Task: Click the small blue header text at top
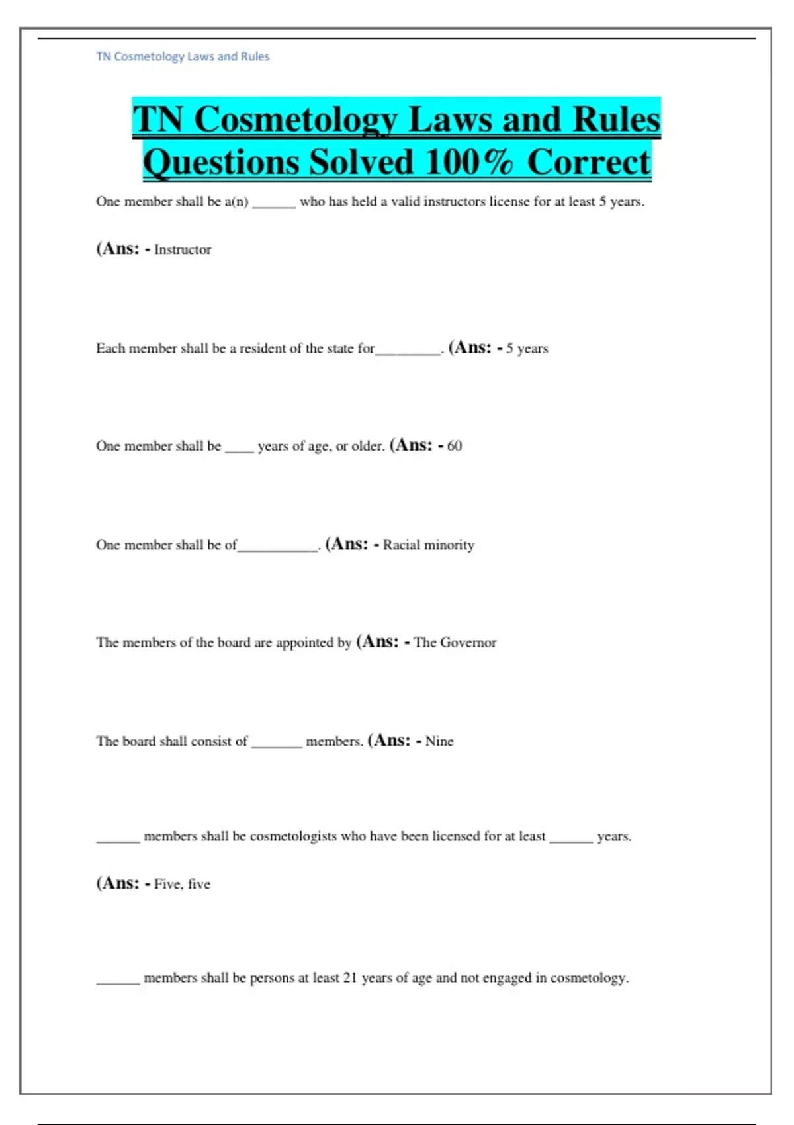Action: tap(183, 57)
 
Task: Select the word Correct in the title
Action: tap(589, 162)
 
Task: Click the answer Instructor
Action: tap(183, 250)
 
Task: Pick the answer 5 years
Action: tap(527, 349)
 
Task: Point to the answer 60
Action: tap(455, 446)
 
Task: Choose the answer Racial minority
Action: tap(428, 545)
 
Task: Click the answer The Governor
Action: tap(455, 643)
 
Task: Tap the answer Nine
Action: tap(439, 741)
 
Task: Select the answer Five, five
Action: tap(182, 884)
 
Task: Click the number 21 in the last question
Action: tap(350, 978)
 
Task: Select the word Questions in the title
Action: tap(221, 162)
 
